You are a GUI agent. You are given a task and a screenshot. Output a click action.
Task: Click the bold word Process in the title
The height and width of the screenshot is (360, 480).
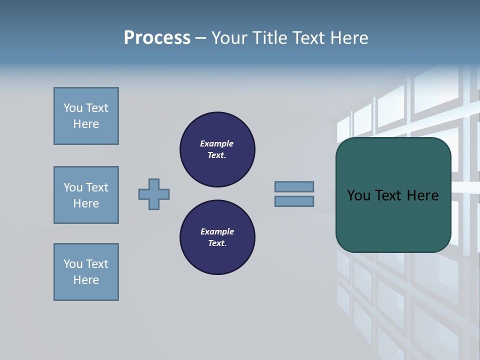[157, 38]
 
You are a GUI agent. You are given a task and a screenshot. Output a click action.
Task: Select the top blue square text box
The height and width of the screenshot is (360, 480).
[86, 116]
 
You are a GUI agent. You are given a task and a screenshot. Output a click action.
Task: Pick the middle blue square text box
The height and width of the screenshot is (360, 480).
[86, 195]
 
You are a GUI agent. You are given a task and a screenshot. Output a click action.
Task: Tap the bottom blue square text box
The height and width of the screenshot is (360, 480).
[86, 272]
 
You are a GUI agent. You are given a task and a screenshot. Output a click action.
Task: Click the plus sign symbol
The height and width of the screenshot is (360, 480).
[154, 194]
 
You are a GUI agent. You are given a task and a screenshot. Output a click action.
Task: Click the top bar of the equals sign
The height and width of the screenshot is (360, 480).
[294, 186]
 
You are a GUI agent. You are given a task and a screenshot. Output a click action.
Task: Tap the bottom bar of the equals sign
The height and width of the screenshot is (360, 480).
[294, 201]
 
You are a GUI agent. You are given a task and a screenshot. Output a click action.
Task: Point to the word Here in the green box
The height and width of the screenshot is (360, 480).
[422, 195]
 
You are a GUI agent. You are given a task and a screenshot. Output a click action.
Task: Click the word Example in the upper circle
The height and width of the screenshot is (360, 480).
[216, 143]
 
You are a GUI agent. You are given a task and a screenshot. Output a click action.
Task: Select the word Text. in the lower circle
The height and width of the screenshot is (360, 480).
[217, 243]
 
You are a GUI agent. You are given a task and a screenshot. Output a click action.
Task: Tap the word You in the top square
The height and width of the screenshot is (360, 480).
[72, 108]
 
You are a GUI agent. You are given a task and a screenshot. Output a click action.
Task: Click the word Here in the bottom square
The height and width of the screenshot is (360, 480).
[86, 280]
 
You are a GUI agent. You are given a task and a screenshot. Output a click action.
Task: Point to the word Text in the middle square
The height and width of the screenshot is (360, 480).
[97, 187]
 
